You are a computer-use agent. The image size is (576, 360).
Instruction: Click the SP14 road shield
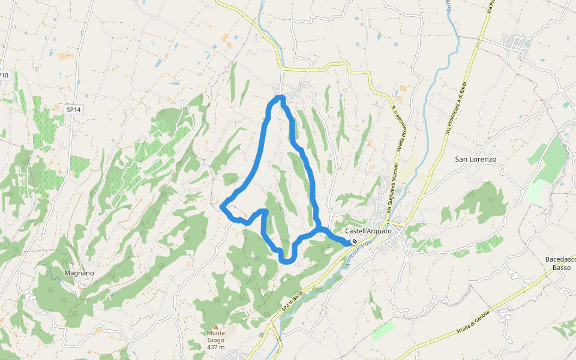pyautogui.click(x=73, y=110)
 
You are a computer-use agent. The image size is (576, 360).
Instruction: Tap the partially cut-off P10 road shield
pyautogui.click(x=4, y=75)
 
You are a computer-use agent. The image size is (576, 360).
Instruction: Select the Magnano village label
pyautogui.click(x=79, y=273)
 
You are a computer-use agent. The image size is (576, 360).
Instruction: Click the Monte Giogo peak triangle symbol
pyautogui.click(x=216, y=326)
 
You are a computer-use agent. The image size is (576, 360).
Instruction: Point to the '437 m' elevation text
pyautogui.click(x=216, y=347)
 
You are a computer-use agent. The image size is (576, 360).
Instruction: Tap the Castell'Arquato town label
pyautogui.click(x=368, y=231)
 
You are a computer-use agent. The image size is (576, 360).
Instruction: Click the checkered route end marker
pyautogui.click(x=355, y=242)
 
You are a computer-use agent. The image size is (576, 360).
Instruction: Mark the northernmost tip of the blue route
pyautogui.click(x=280, y=97)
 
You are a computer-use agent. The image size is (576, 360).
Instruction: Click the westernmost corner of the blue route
pyautogui.click(x=223, y=206)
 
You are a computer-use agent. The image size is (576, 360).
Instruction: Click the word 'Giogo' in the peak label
pyautogui.click(x=216, y=340)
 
